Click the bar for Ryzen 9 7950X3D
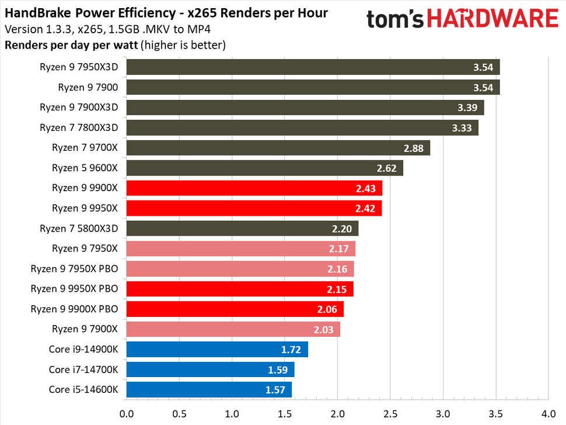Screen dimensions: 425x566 [312, 67]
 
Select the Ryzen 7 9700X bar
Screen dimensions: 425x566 [277, 148]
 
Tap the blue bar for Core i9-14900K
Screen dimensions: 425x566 [216, 350]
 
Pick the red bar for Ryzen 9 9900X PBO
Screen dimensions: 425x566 [234, 309]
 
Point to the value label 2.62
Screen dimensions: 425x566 [387, 168]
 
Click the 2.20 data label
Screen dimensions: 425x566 [343, 229]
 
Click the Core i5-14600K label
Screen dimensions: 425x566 [83, 389]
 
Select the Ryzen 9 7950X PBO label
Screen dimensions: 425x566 [74, 269]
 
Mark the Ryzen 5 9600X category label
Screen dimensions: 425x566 [85, 168]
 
